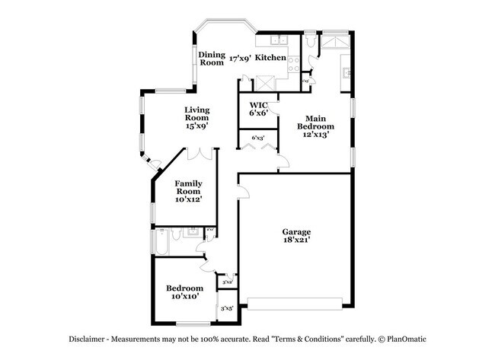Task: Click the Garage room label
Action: pyautogui.click(x=297, y=231)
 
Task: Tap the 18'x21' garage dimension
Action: pyautogui.click(x=297, y=241)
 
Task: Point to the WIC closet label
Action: pyautogui.click(x=258, y=104)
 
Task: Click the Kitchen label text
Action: pyautogui.click(x=270, y=58)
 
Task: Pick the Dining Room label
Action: pyautogui.click(x=212, y=58)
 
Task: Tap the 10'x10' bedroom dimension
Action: pyautogui.click(x=185, y=297)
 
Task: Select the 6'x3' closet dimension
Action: pyautogui.click(x=258, y=138)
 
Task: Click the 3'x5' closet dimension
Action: pyautogui.click(x=227, y=309)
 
